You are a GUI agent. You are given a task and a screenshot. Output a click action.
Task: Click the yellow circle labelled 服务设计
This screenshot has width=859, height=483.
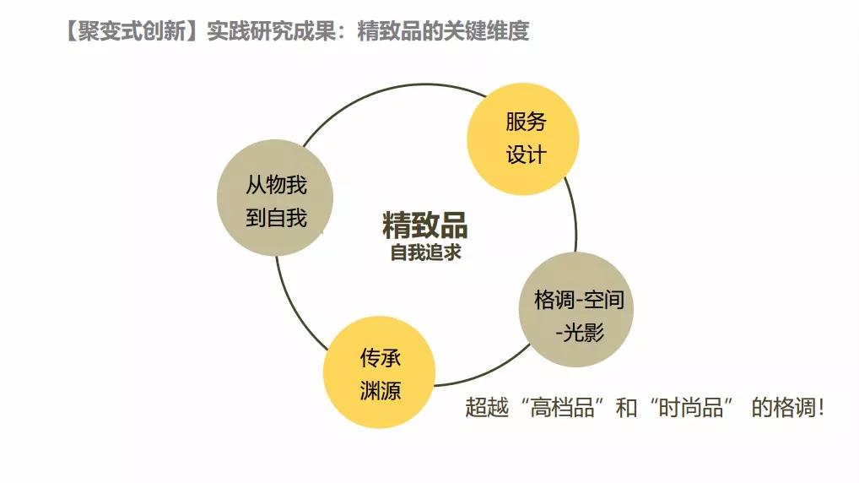523,138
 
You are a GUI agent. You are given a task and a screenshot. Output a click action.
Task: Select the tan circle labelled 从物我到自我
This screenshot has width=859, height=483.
275,198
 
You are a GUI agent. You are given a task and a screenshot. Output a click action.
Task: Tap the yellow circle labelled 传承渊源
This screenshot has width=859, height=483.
380,373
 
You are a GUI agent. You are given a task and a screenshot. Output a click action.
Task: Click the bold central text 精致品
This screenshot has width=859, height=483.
425,225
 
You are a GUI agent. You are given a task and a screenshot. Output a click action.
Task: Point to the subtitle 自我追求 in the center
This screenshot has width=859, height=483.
425,252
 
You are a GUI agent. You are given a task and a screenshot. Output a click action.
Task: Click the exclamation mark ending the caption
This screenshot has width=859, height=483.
820,407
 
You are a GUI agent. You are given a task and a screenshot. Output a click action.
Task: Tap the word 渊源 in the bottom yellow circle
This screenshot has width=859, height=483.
381,391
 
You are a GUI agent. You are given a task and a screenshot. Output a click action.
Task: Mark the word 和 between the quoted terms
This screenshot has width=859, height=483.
626,407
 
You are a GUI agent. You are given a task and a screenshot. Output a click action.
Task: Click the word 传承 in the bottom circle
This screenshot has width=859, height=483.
381,358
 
